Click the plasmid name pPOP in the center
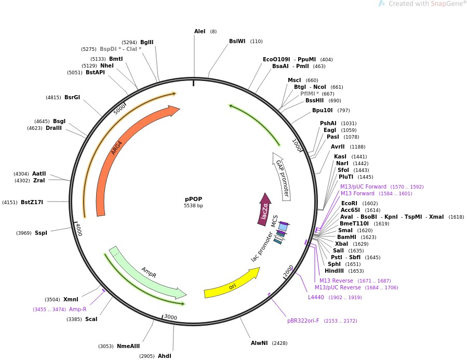point(193,199)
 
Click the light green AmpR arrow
point(151,272)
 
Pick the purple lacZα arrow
point(264,210)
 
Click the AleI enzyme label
point(200,32)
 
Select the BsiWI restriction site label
point(237,41)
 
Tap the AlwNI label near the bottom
point(259,343)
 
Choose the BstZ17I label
point(32,202)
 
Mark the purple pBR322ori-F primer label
point(304,321)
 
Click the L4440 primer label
point(316,297)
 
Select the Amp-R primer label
point(77,309)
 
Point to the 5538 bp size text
point(193,206)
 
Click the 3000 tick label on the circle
point(170,317)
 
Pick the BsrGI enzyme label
point(72,97)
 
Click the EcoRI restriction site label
point(349,204)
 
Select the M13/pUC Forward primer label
point(363,186)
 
